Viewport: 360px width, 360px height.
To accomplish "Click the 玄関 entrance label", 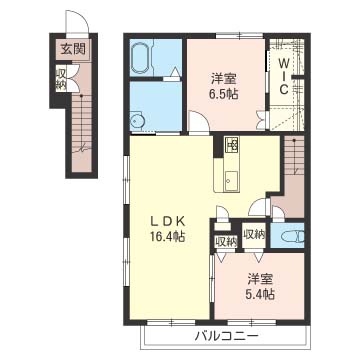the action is pos(73,49).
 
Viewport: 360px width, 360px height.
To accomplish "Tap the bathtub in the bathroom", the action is pos(141,58).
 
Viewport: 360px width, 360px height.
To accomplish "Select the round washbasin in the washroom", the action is pos(137,121).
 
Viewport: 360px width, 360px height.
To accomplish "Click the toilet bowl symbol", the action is pos(293,237).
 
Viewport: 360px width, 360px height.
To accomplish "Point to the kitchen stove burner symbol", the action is pos(232,145).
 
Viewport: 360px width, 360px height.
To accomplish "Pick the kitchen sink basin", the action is pos(232,179).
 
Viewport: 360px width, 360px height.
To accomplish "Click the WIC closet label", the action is pos(283,76).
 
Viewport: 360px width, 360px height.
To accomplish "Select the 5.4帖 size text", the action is pos(260,294).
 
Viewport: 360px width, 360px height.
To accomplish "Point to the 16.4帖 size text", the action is pos(167,237).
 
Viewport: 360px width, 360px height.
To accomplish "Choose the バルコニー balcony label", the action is pos(226,336).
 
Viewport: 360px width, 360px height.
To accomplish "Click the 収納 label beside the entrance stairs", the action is pos(61,79).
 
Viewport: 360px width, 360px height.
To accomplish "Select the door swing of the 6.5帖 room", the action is pos(199,123).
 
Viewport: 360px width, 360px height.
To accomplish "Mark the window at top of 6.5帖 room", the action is pos(240,35).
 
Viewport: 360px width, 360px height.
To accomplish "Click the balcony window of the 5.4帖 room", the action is pos(252,322).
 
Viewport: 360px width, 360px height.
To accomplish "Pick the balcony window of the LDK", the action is pos(171,322).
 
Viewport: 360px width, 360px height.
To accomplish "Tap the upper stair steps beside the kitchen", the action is pos(294,154).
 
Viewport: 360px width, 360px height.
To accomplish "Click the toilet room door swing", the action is pos(277,214).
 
